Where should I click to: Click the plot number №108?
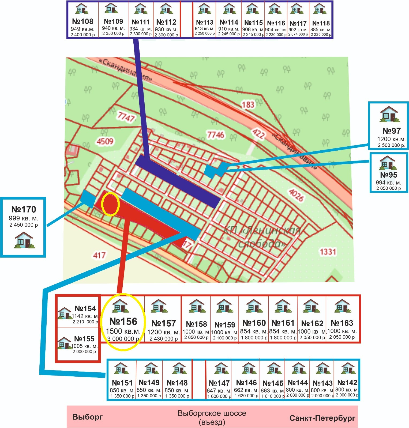(83, 21)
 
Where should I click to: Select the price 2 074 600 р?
(298, 34)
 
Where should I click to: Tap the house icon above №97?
(389, 114)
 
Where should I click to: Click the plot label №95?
(389, 175)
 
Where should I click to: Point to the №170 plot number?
(24, 209)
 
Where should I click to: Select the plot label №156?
(123, 321)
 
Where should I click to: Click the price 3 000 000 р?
(123, 339)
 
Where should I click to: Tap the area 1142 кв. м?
(85, 316)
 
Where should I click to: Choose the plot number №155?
(84, 339)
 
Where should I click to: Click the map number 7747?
(126, 117)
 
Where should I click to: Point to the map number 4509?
(105, 141)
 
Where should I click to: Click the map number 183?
(248, 104)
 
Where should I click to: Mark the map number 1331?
(328, 252)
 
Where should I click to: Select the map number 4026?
(296, 195)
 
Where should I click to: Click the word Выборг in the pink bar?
(88, 417)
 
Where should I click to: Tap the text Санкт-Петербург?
(322, 418)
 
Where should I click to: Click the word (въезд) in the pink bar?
(212, 422)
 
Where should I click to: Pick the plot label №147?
(219, 383)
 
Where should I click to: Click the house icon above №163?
(342, 306)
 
